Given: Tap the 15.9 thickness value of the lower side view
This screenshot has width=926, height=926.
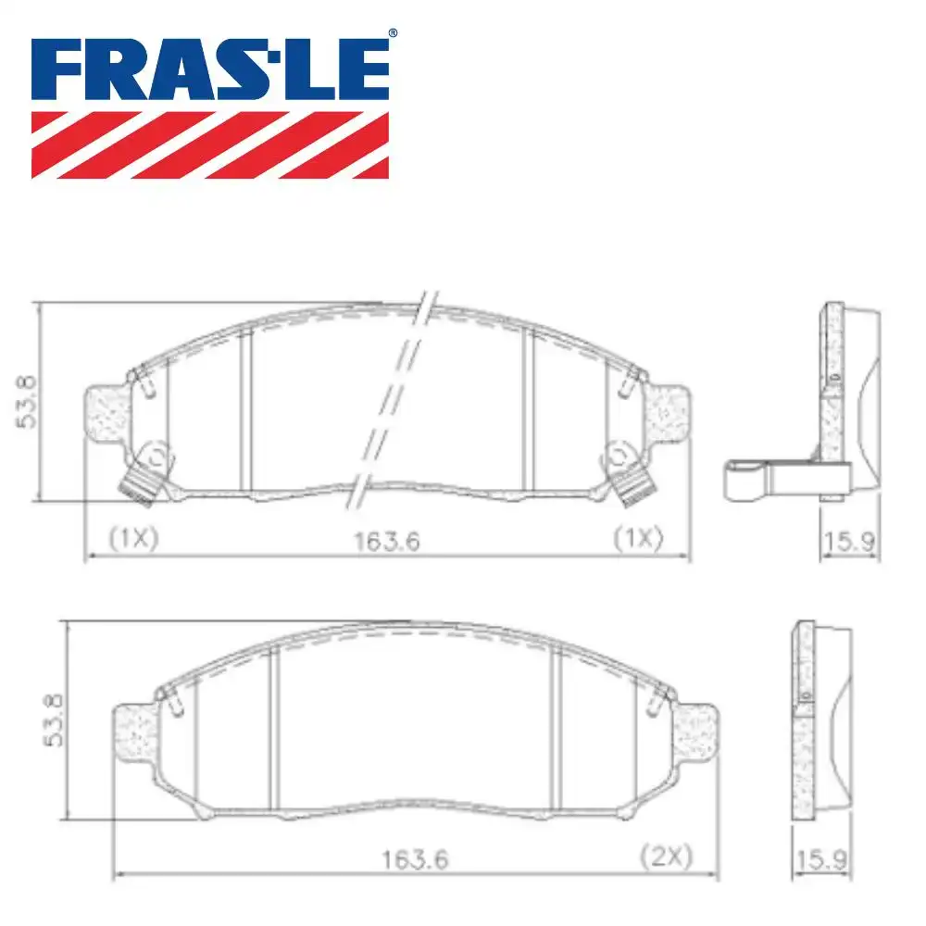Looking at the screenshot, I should point(821,859).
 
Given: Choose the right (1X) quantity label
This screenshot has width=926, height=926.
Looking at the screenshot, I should point(640,537).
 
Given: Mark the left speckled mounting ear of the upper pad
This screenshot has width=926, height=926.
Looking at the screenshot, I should point(105,411).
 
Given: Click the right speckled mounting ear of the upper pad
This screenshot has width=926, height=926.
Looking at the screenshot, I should point(670,411).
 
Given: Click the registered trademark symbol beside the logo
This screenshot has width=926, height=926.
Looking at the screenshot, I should point(393,32).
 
